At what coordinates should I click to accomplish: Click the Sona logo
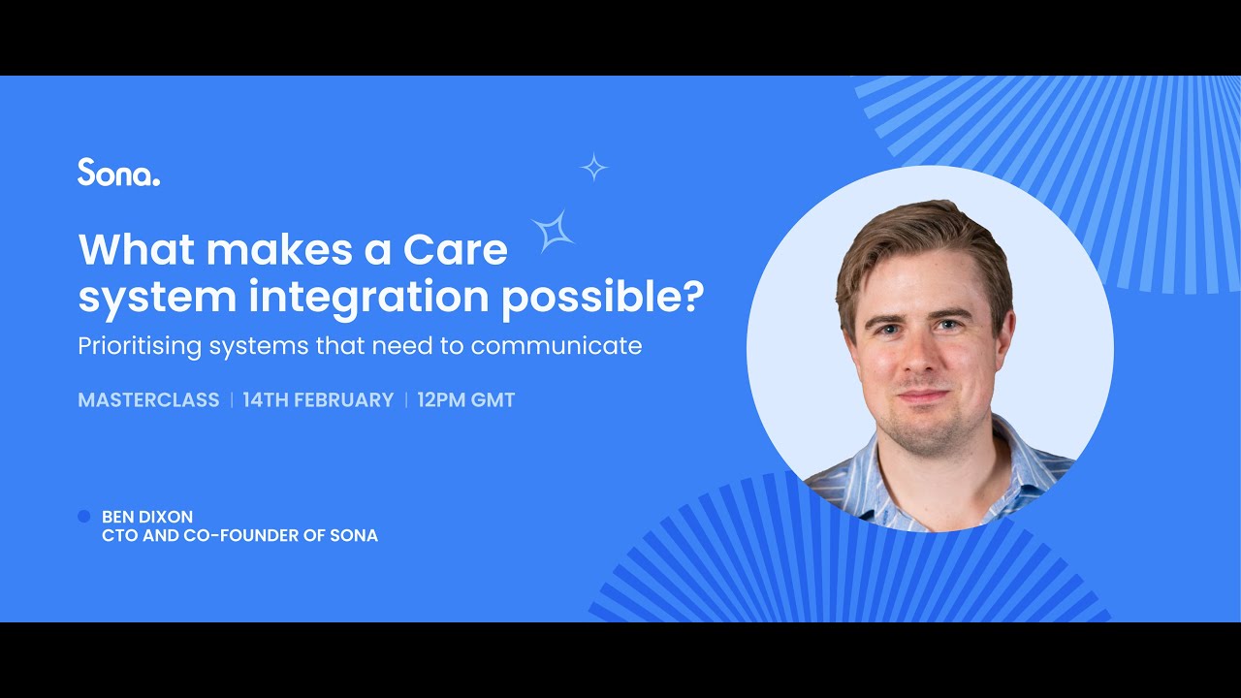pyautogui.click(x=118, y=172)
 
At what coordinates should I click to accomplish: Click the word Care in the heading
pyautogui.click(x=455, y=250)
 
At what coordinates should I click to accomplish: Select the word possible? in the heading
pyautogui.click(x=601, y=298)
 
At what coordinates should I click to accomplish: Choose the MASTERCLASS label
pyautogui.click(x=148, y=400)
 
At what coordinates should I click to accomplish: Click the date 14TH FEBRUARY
pyautogui.click(x=318, y=400)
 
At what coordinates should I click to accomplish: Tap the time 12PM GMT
pyautogui.click(x=465, y=400)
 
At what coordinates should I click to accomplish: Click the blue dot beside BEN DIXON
pyautogui.click(x=83, y=517)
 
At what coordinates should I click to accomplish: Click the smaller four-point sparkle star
pyautogui.click(x=593, y=168)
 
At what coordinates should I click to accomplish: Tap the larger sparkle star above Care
pyautogui.click(x=554, y=231)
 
